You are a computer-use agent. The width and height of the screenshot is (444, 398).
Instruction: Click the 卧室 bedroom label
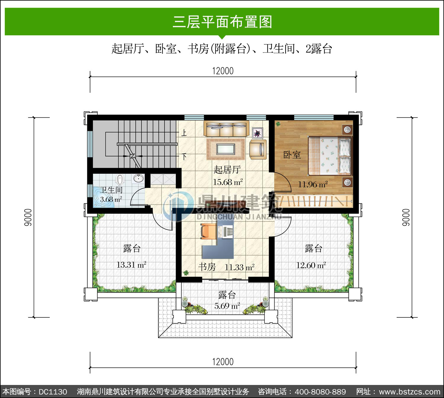(x=292, y=155)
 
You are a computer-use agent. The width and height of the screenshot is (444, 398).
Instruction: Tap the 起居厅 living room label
(x=227, y=170)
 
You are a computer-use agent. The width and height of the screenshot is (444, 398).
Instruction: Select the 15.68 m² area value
(x=228, y=182)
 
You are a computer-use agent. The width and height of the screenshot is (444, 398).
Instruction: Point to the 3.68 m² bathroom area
(x=111, y=199)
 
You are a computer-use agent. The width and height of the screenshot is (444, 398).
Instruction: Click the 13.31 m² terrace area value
(x=131, y=265)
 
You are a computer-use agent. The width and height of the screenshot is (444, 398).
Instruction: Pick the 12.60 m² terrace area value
(x=311, y=265)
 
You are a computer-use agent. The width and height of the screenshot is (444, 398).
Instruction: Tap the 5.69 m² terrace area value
(x=227, y=306)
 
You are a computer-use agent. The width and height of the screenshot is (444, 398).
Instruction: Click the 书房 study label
(x=207, y=267)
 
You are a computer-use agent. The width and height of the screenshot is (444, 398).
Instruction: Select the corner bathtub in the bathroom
(x=103, y=197)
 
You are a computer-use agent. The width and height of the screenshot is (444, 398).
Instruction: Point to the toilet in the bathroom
(x=120, y=180)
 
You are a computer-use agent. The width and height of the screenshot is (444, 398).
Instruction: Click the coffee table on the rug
(x=226, y=149)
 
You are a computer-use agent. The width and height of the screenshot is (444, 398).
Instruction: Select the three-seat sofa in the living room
(x=226, y=129)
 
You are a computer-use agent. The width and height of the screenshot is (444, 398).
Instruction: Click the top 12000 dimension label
(x=223, y=71)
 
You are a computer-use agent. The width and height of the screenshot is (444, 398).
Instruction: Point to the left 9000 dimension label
(x=28, y=217)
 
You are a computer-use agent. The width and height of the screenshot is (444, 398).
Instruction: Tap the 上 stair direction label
(x=184, y=133)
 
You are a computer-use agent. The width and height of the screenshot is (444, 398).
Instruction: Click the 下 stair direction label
(x=184, y=157)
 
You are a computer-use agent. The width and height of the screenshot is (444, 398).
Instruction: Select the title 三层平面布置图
(x=222, y=22)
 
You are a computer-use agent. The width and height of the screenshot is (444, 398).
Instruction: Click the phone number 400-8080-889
(x=320, y=392)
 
